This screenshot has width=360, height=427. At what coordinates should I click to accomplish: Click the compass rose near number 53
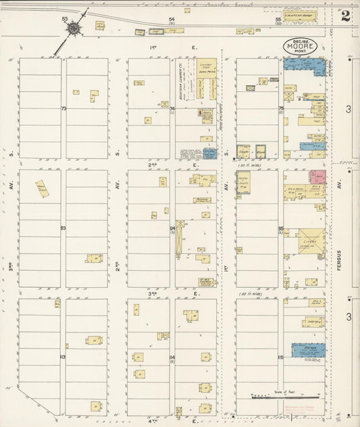72,29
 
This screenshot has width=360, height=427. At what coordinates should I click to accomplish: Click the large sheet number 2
345,16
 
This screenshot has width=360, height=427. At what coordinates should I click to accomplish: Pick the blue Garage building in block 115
309,350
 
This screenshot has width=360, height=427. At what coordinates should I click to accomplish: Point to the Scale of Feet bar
278,397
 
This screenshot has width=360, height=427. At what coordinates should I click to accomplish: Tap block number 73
63,108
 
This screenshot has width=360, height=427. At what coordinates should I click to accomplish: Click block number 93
63,228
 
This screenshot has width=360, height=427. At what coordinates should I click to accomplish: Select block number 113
63,357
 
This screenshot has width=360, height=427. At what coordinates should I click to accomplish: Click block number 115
280,357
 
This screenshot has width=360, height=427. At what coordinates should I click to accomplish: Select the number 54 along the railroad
172,20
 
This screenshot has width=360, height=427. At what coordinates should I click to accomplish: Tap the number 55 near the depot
278,20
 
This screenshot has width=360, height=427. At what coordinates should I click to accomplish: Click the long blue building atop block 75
305,66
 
